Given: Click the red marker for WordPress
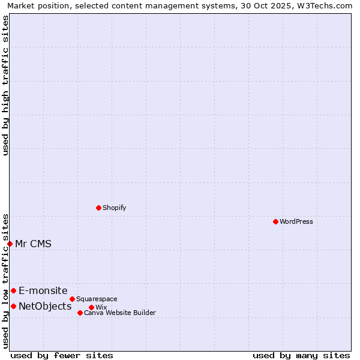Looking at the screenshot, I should click(275, 221).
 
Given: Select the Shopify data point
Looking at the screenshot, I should click(98, 208).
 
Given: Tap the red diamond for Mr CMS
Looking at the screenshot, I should click(10, 244).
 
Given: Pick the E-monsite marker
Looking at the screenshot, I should click(13, 290).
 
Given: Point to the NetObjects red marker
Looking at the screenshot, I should click(13, 306).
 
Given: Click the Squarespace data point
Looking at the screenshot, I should click(72, 299).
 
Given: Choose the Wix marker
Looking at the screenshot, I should click(91, 307).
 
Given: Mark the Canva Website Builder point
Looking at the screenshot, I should click(80, 313).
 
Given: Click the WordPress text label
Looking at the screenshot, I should click(296, 221).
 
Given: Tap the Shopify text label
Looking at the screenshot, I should click(114, 208).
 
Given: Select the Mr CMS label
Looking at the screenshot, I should click(33, 244).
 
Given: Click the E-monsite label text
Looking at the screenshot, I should click(43, 290).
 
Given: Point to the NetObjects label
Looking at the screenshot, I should click(45, 307).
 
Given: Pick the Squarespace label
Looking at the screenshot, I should click(97, 299).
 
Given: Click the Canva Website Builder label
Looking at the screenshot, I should click(119, 313).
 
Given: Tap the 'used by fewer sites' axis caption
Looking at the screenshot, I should click(62, 355).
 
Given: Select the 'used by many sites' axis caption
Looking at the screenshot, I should click(301, 355).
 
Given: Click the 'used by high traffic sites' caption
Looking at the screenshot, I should click(5, 85).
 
